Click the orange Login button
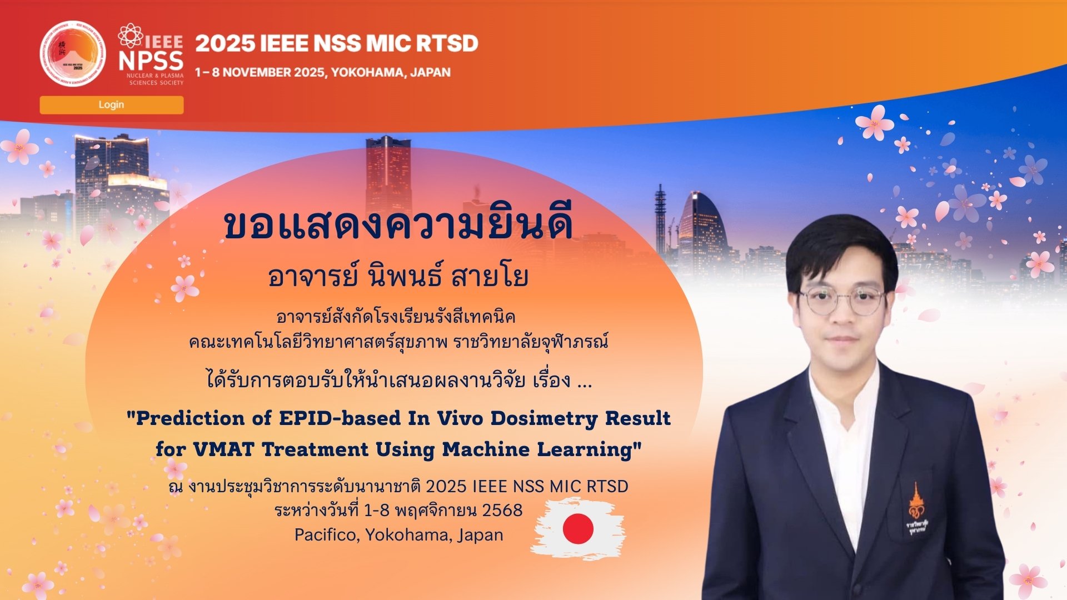click(112, 105)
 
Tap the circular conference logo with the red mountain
click(73, 54)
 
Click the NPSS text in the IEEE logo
click(151, 61)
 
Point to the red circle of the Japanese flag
click(578, 528)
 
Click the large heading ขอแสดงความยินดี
click(398, 225)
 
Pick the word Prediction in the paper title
click(190, 418)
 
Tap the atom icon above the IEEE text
click(131, 35)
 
